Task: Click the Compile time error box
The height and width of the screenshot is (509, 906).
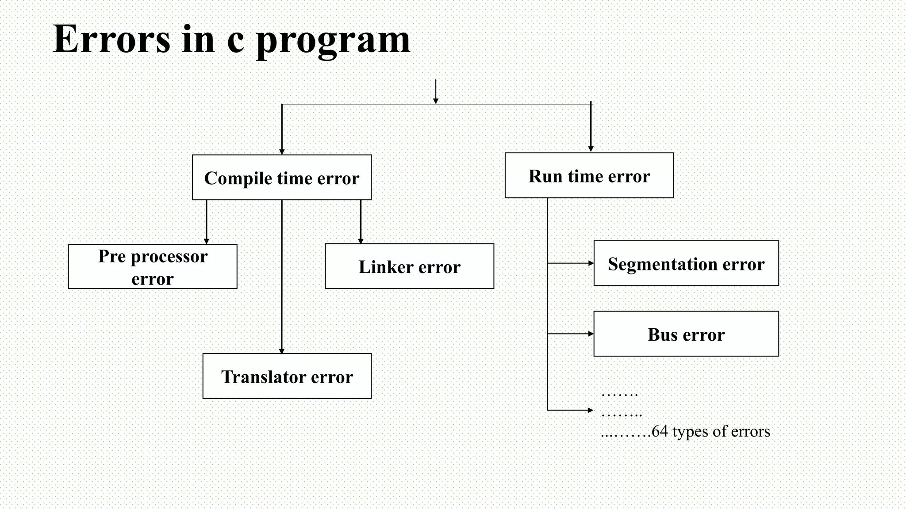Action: click(x=282, y=178)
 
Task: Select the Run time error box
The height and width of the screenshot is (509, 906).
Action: click(x=589, y=175)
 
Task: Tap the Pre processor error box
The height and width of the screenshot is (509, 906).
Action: click(x=153, y=267)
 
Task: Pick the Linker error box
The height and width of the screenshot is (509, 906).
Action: click(x=409, y=266)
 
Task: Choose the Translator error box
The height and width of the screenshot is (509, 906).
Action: click(x=287, y=376)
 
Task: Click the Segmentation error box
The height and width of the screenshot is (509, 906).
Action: click(x=686, y=263)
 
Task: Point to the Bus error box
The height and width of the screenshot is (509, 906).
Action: click(x=686, y=334)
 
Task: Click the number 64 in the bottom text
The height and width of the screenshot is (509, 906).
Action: click(x=660, y=431)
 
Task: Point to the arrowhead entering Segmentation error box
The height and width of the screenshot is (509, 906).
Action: click(x=591, y=263)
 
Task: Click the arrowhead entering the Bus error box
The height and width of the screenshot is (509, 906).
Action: click(x=591, y=334)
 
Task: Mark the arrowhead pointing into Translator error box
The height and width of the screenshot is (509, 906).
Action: click(x=282, y=351)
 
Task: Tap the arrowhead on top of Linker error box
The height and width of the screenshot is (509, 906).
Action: click(x=361, y=241)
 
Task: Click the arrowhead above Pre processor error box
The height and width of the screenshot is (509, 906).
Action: click(x=206, y=241)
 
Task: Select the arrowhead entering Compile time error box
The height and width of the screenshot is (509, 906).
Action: click(x=282, y=152)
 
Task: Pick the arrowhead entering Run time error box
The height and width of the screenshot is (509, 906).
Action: click(x=591, y=149)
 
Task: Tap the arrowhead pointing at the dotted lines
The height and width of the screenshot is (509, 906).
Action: click(x=590, y=410)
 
